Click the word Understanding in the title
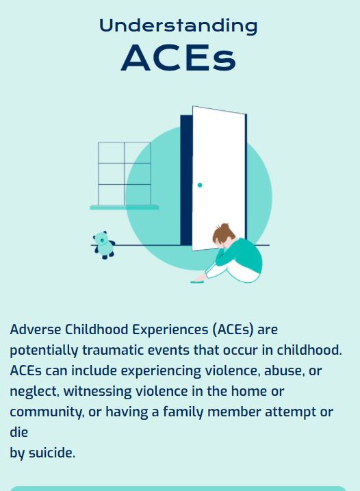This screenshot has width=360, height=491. pos(179,26)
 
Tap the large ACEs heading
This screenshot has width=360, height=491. pos(179,58)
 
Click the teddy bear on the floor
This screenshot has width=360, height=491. pos(103,244)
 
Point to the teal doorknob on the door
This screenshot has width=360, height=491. pos(200,185)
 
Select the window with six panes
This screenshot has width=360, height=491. pos(124,173)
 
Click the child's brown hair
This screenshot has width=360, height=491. pos(222,235)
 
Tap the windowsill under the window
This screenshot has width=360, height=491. pos(124,207)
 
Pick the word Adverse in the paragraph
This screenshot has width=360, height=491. pos(34,329)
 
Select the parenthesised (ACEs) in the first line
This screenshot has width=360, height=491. pos(232,329)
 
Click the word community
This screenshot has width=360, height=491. pos(46,412)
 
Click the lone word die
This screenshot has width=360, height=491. pos(18,432)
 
